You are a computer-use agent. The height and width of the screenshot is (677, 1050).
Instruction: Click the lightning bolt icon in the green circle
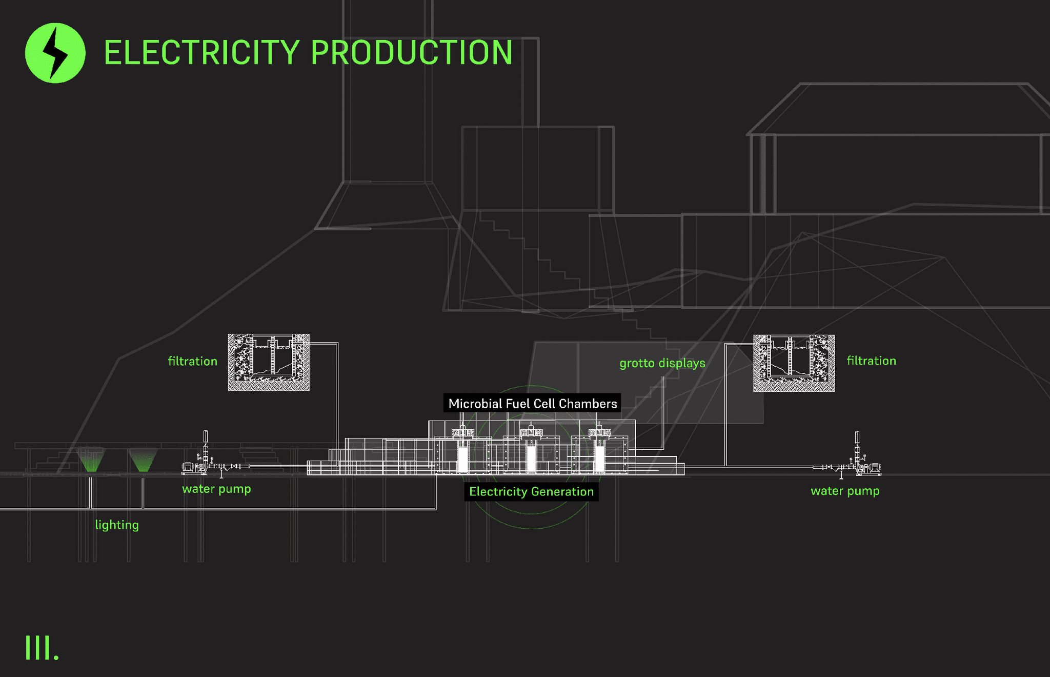pos(55,53)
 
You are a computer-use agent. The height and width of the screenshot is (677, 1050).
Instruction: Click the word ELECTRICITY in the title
pos(201,52)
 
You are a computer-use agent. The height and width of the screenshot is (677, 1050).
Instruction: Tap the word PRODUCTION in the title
pos(411,52)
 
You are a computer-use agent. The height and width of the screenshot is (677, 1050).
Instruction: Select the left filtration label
pos(193,361)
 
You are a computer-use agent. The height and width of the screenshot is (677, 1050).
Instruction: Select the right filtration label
pos(871,361)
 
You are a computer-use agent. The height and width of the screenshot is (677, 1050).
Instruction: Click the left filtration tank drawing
pos(269,362)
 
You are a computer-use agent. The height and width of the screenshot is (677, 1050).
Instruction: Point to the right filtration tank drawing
pos(794,363)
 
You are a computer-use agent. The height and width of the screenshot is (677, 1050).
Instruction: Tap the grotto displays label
pos(662,363)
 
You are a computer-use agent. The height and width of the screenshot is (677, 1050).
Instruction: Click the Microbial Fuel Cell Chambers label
pos(532,404)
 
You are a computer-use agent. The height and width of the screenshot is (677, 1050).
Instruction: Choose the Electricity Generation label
pos(531,491)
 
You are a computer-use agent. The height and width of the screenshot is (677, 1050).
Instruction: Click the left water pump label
pos(216,489)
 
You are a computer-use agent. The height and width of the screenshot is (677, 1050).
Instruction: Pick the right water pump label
pos(844,491)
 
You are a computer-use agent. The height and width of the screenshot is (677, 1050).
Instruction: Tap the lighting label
pos(117,525)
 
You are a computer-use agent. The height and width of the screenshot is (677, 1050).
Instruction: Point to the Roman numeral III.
pos(42,648)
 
